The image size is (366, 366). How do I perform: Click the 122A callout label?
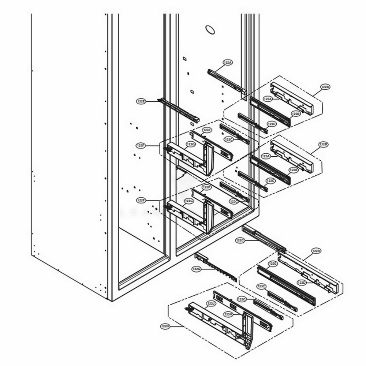click(227, 63)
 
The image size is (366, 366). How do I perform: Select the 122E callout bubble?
click(142, 101)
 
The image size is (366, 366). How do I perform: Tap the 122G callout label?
click(197, 269)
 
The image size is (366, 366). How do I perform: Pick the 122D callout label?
click(316, 251)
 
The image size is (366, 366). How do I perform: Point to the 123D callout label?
click(302, 283)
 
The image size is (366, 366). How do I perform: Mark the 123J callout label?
click(211, 304)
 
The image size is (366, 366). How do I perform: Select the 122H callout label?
click(165, 326)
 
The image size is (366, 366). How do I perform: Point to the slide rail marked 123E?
click(285, 284)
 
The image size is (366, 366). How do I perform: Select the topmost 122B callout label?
click(325, 87)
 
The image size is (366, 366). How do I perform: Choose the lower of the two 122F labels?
click(141, 200)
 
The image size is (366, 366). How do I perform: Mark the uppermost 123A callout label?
click(268, 99)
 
